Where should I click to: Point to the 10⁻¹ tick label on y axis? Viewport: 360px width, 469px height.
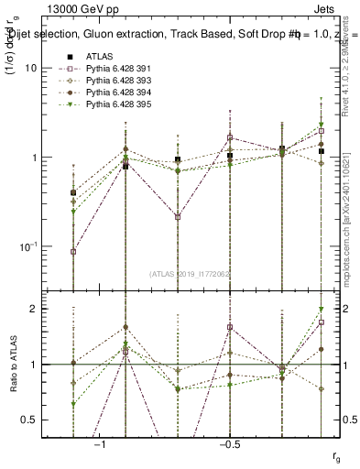point(27,246)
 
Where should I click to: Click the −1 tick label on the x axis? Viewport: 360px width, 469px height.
point(100,444)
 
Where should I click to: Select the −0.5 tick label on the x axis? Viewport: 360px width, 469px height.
point(229,444)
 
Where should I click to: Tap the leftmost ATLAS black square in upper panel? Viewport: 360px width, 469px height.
point(73,192)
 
